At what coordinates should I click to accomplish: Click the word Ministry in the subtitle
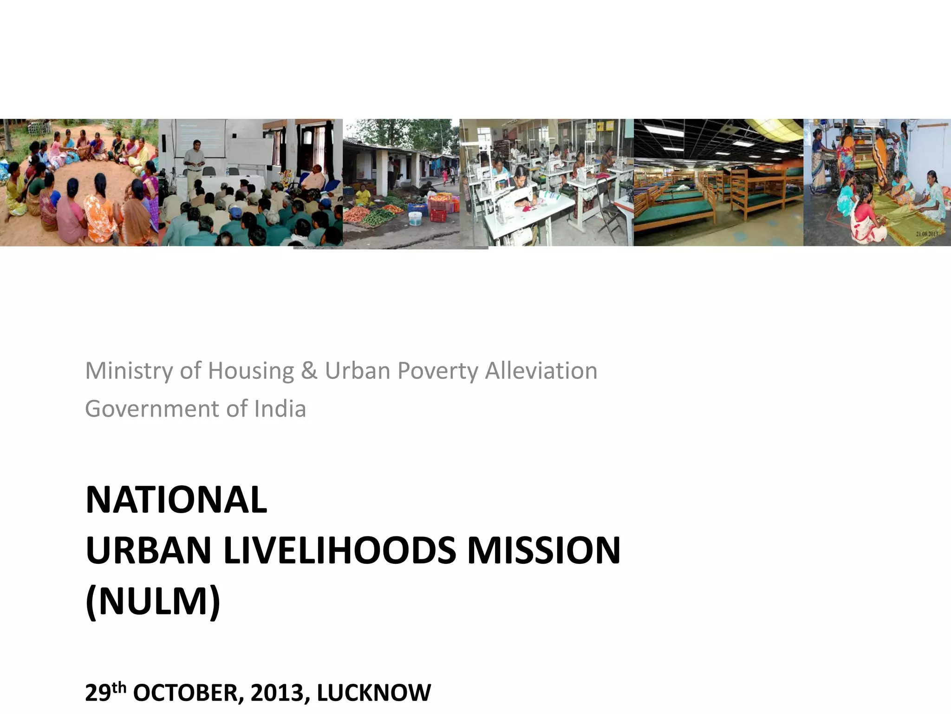pos(128,371)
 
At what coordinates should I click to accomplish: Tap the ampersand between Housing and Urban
pos(309,371)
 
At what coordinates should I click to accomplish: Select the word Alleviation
pos(541,371)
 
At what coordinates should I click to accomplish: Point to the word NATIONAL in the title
pos(176,500)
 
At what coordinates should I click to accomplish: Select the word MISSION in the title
pos(544,551)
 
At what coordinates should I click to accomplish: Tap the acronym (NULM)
pos(153,602)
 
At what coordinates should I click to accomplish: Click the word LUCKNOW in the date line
pos(374,693)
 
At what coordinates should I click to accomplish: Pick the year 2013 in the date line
pos(277,693)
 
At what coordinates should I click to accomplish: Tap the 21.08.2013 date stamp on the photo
pos(926,234)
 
